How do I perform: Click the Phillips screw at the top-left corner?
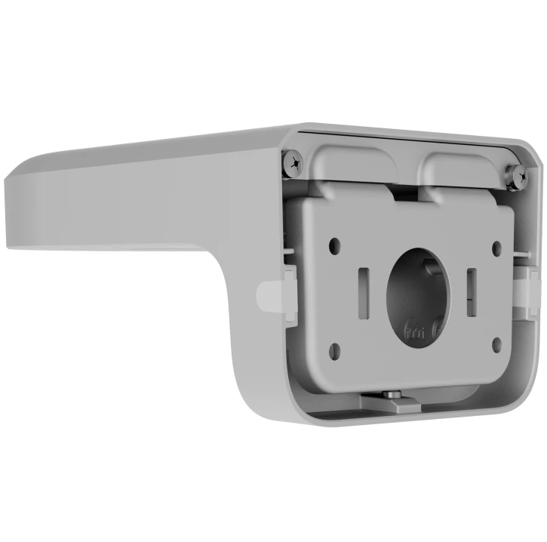pyautogui.click(x=293, y=160)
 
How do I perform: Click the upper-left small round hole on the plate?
pyautogui.click(x=334, y=244)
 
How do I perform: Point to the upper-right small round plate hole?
pyautogui.click(x=496, y=247)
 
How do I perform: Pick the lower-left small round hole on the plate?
pyautogui.click(x=335, y=349)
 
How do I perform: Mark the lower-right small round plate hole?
pyautogui.click(x=496, y=344)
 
